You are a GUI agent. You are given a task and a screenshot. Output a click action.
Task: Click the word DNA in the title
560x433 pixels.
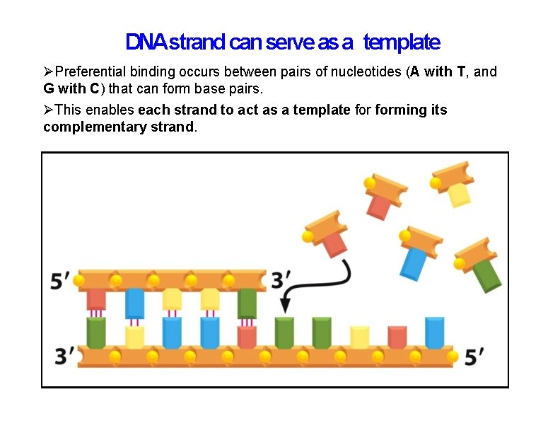(x=146, y=42)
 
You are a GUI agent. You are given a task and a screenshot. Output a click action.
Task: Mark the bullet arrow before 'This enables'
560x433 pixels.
(x=48, y=110)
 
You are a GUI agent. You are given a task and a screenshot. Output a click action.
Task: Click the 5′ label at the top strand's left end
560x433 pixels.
(x=60, y=281)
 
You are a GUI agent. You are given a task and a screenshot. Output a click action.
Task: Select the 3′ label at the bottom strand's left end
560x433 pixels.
(x=64, y=356)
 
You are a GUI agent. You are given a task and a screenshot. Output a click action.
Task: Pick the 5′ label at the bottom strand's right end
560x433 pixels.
(x=474, y=357)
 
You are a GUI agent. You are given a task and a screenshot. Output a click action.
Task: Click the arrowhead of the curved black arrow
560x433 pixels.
(x=285, y=305)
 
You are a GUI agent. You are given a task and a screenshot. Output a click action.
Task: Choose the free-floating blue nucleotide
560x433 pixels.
(x=414, y=262)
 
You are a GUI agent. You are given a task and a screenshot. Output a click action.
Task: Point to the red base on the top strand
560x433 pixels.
(x=96, y=299)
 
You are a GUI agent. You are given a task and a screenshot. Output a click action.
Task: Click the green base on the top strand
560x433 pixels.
(x=247, y=303)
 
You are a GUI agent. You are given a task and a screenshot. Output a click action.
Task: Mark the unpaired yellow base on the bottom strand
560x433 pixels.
(x=359, y=336)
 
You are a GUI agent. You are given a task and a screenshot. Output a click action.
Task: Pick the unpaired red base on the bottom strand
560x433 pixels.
(x=397, y=336)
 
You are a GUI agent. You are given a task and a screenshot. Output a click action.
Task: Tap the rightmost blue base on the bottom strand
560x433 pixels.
(x=434, y=332)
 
